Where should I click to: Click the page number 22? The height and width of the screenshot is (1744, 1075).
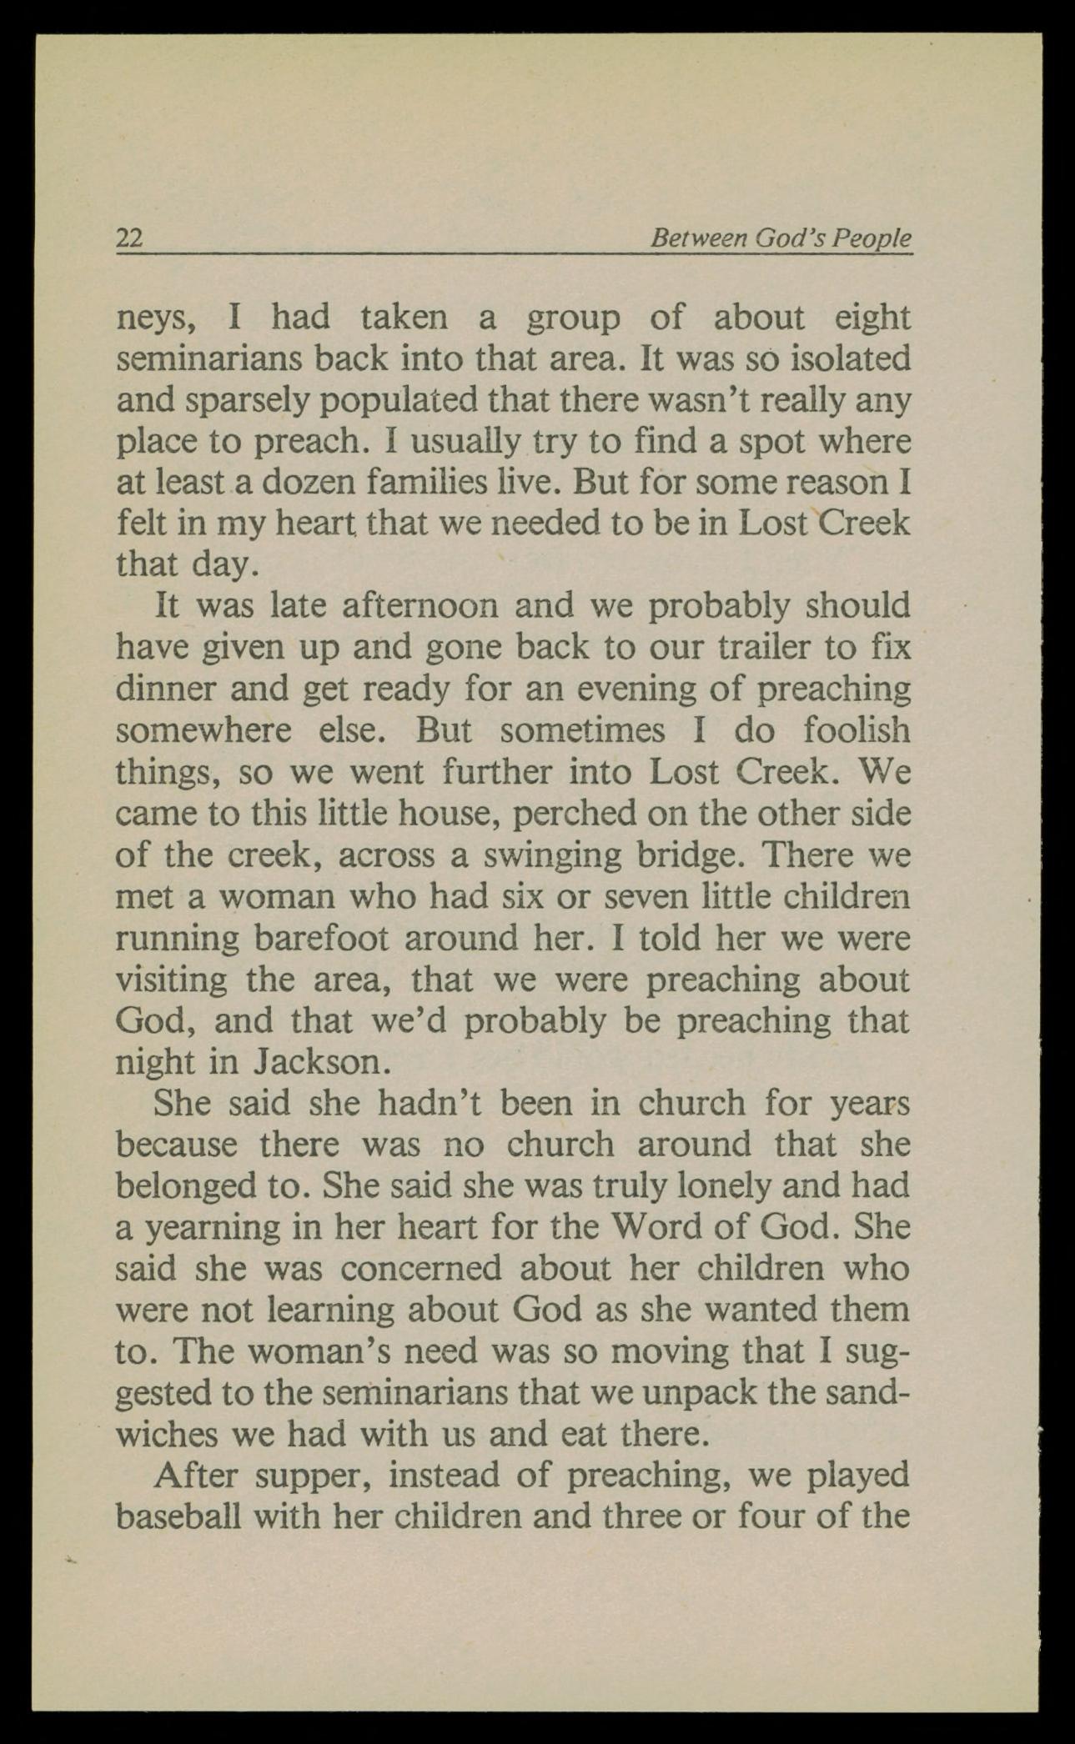pos(129,239)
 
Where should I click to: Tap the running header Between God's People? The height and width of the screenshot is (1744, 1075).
pos(781,239)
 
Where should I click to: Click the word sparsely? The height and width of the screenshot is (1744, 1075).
pos(249,401)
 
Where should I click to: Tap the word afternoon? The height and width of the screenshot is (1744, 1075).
pos(420,606)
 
